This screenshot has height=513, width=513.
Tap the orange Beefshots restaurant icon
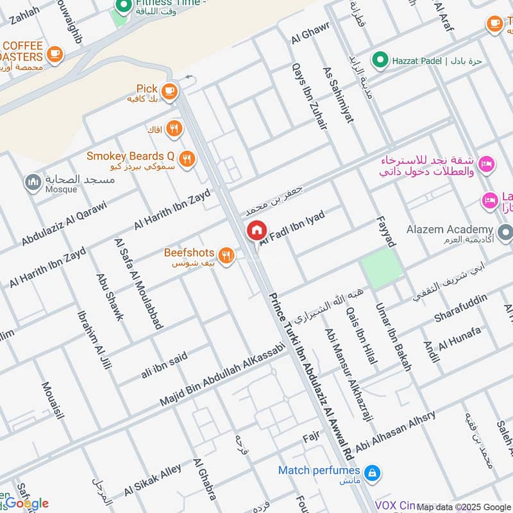pos(225,256)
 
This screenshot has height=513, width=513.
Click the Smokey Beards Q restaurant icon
pos(186,158)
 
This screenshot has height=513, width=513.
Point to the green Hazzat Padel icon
pos(382,60)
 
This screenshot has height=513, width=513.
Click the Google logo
pos(26,503)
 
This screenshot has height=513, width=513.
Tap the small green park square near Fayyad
pos(381,268)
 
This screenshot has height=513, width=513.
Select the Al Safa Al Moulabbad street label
pos(137,283)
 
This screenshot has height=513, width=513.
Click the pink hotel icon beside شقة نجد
pos(487,165)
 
